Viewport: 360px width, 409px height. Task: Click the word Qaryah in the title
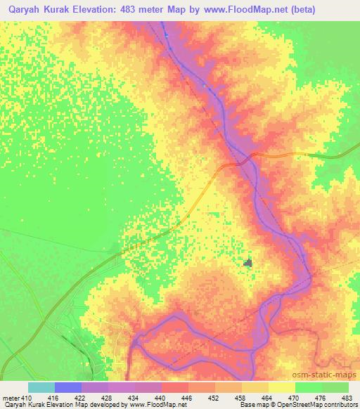click(x=29, y=11)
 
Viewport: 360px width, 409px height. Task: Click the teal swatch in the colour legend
click(x=41, y=387)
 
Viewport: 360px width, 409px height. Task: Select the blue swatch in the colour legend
click(x=68, y=387)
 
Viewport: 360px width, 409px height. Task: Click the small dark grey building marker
click(x=247, y=263)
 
